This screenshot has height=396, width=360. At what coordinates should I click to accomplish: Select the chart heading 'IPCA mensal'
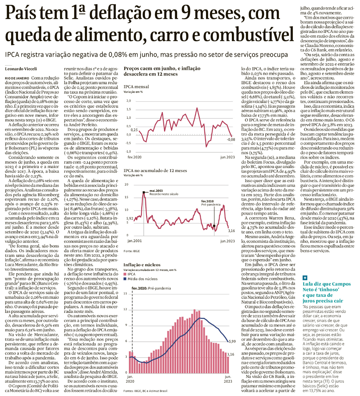coord(136,87)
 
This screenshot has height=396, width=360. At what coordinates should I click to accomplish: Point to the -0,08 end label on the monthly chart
coord(231,139)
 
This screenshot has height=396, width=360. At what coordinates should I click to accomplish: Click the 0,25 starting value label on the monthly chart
coord(134,130)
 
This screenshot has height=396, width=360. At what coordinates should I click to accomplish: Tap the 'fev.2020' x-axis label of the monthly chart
coord(135,157)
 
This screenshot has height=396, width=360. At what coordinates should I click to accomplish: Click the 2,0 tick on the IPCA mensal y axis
coord(128,101)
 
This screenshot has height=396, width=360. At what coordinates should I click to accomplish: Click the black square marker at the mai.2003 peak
coord(144,192)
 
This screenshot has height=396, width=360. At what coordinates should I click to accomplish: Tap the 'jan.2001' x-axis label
coord(135,241)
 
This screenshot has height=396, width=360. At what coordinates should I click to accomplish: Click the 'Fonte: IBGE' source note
coord(132,251)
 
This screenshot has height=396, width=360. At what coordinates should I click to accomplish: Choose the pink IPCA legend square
coord(125,274)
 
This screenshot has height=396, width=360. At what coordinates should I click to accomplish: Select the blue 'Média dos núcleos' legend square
coord(125,279)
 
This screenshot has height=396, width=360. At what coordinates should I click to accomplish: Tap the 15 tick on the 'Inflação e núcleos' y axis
coord(125,294)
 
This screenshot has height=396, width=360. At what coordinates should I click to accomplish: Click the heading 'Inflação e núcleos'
coord(142,265)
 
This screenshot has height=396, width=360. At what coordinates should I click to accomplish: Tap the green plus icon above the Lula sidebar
coord(305,278)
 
